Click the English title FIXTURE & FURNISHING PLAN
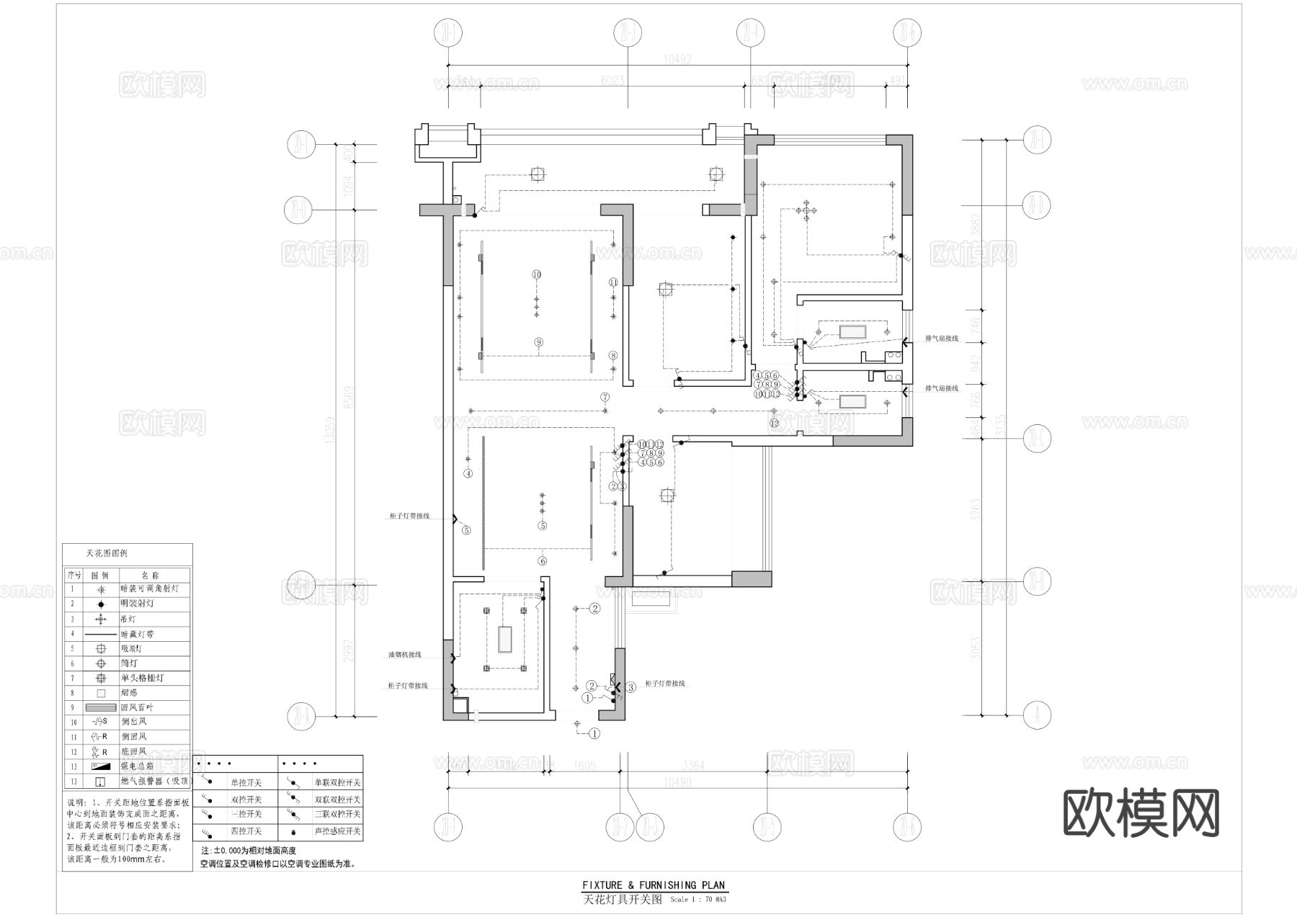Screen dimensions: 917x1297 point(654,885)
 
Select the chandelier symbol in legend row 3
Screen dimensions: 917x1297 point(101,619)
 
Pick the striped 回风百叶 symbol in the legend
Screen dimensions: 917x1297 point(101,707)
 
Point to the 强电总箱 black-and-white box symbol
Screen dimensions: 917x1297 point(101,766)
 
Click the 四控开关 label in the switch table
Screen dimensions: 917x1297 point(246,831)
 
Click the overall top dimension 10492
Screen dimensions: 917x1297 point(677,60)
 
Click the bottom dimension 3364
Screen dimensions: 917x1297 point(692,766)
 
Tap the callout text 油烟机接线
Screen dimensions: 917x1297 point(404,655)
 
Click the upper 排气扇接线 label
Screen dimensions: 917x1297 point(942,338)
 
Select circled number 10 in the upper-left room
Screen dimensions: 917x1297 point(536,274)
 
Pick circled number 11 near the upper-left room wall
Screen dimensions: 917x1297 point(613,282)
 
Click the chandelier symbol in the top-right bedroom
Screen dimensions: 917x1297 point(806,211)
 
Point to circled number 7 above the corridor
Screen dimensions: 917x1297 point(605,397)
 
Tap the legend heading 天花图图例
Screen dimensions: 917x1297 point(107,553)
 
